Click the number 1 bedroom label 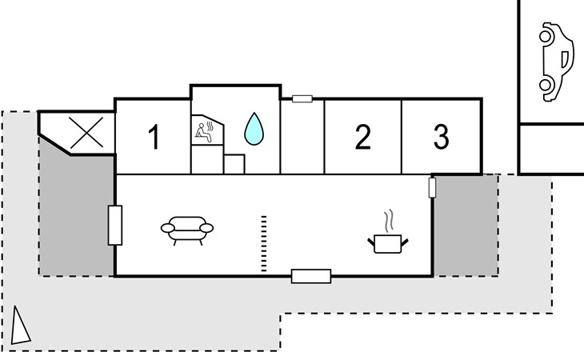tap(154, 137)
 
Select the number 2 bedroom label tap(362, 137)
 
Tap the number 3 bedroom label tap(442, 137)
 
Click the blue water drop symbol tap(254, 129)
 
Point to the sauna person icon tap(205, 132)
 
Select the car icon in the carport tap(556, 62)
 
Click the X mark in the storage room tap(86, 133)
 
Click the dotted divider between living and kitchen tap(264, 243)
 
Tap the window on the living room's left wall tap(115, 226)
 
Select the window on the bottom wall tap(311, 276)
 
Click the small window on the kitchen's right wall tap(432, 188)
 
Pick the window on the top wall tap(302, 98)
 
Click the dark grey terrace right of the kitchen tap(466, 226)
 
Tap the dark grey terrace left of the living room tap(76, 216)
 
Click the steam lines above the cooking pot tap(389, 221)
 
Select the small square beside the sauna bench tap(234, 164)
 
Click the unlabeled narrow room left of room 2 tap(302, 137)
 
